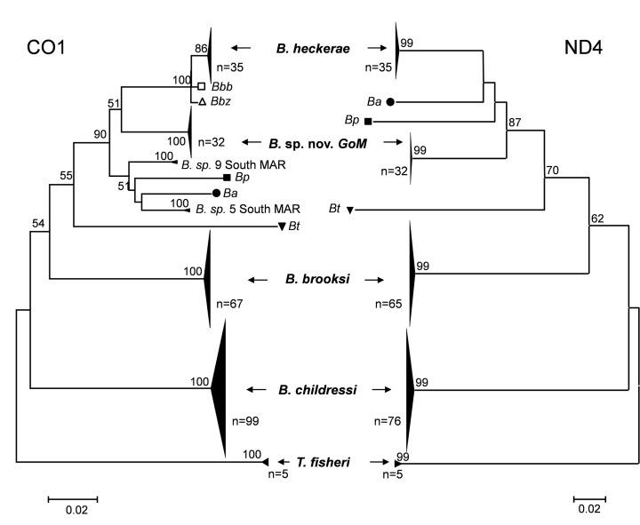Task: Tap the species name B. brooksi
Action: click(317, 279)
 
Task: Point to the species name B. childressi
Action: click(317, 389)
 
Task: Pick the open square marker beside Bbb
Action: click(202, 86)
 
